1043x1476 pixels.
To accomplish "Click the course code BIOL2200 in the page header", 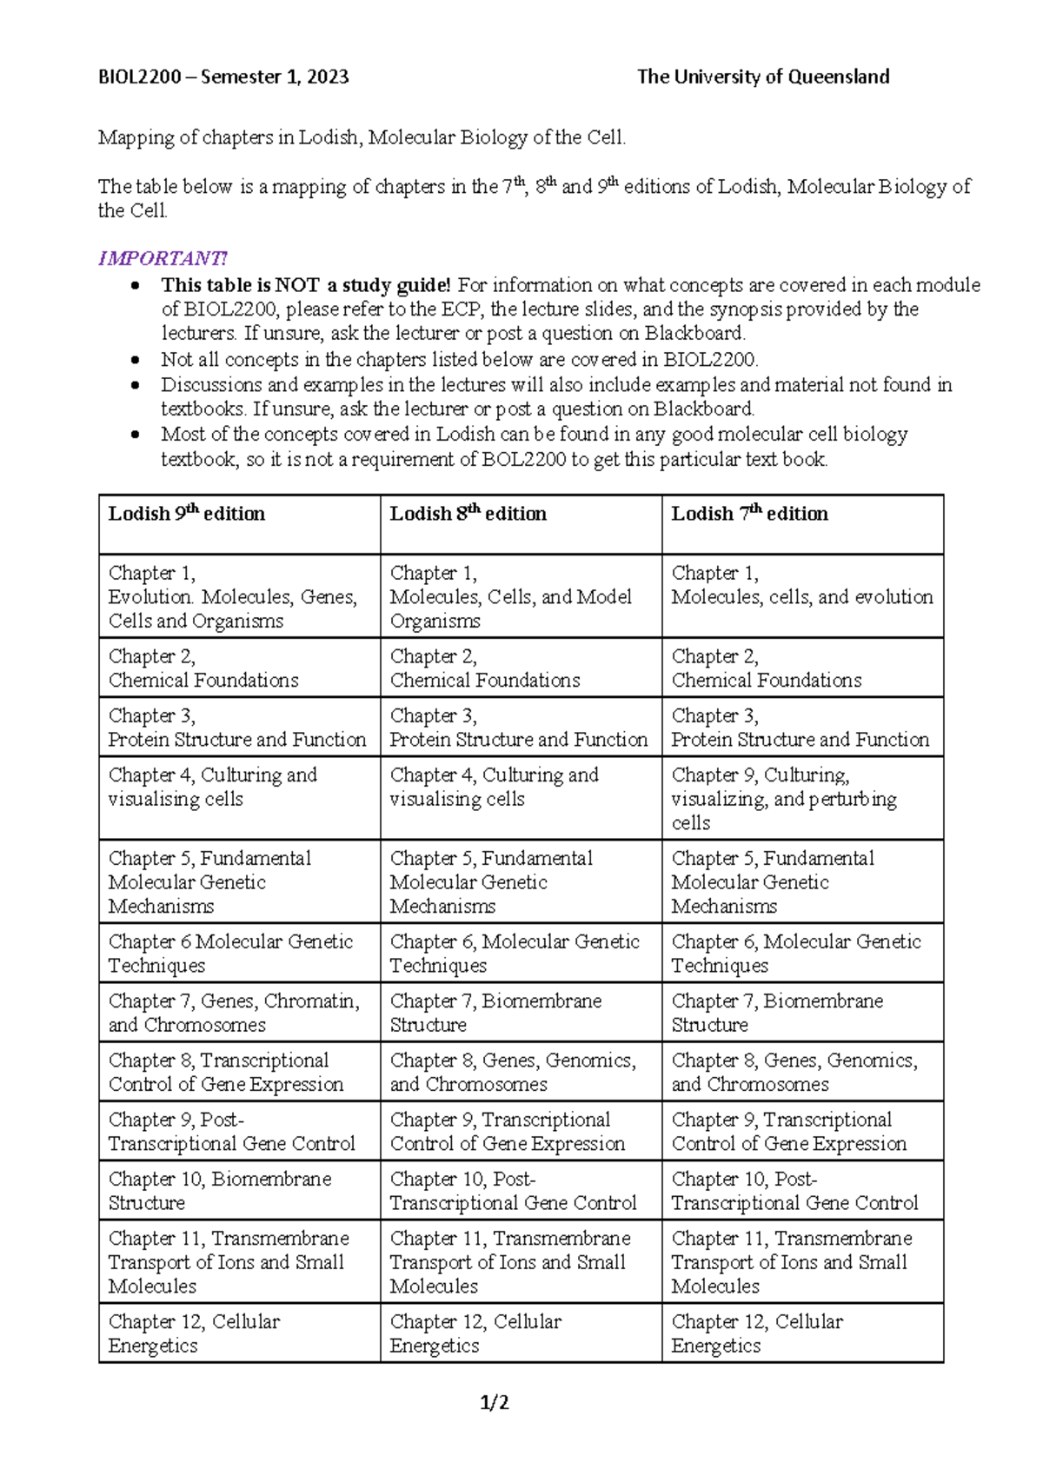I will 139,76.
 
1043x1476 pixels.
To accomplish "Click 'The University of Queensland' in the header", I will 762,76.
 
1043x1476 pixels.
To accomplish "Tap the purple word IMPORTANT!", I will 163,258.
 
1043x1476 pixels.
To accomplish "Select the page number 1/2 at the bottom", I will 495,1402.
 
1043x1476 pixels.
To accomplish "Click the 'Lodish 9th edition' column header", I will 186,514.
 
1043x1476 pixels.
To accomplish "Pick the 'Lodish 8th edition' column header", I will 468,514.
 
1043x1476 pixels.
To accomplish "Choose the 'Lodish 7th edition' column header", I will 749,514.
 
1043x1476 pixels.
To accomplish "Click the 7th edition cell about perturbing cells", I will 783,798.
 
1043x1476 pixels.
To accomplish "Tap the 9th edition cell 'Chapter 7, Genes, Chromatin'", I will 233,1013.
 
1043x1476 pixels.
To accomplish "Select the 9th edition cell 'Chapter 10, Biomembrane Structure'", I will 219,1191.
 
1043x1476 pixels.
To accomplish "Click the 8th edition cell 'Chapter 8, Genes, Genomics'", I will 512,1072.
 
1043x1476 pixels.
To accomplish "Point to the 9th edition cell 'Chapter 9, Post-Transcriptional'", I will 231,1131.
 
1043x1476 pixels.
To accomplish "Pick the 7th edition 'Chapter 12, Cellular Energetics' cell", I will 756,1333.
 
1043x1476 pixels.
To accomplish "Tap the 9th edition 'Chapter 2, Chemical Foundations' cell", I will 203,668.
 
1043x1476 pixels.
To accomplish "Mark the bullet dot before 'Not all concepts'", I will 134,360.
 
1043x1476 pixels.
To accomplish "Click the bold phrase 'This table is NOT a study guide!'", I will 306,285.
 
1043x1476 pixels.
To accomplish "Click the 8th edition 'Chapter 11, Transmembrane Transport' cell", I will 509,1261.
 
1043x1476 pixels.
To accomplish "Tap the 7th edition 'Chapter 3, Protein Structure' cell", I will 800,728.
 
